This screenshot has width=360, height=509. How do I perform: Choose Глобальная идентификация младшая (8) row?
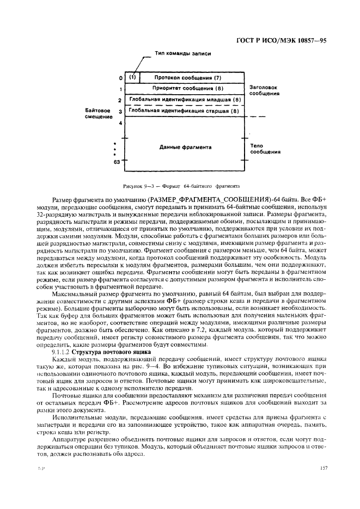click(x=184, y=100)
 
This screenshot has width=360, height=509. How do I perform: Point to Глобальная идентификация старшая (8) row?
click(x=184, y=111)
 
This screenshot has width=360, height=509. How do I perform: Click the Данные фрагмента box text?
click(x=185, y=148)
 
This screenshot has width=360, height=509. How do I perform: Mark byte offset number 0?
click(x=120, y=78)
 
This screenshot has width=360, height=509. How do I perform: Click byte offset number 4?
click(x=120, y=123)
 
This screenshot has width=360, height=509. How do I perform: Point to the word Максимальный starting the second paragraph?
click(x=76, y=293)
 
